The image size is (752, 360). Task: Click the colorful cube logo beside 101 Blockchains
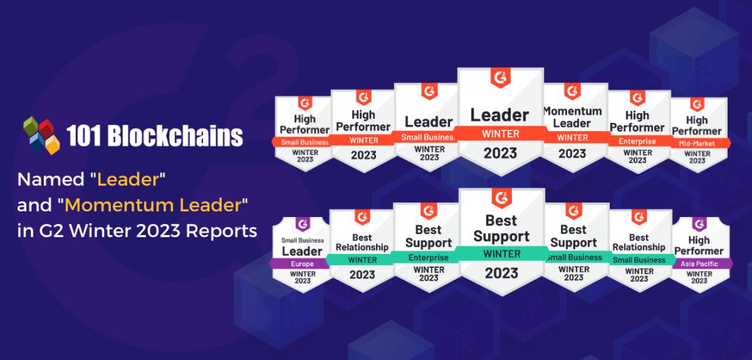42,134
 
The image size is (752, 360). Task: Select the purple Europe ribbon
303,264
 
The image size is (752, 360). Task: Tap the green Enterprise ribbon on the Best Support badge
428,257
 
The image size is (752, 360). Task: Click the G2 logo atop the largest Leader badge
500,78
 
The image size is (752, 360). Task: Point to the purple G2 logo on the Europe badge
303,225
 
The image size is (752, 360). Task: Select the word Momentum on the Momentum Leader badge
572,111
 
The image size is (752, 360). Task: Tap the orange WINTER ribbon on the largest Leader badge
500,133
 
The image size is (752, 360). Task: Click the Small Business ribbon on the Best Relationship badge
639,260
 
